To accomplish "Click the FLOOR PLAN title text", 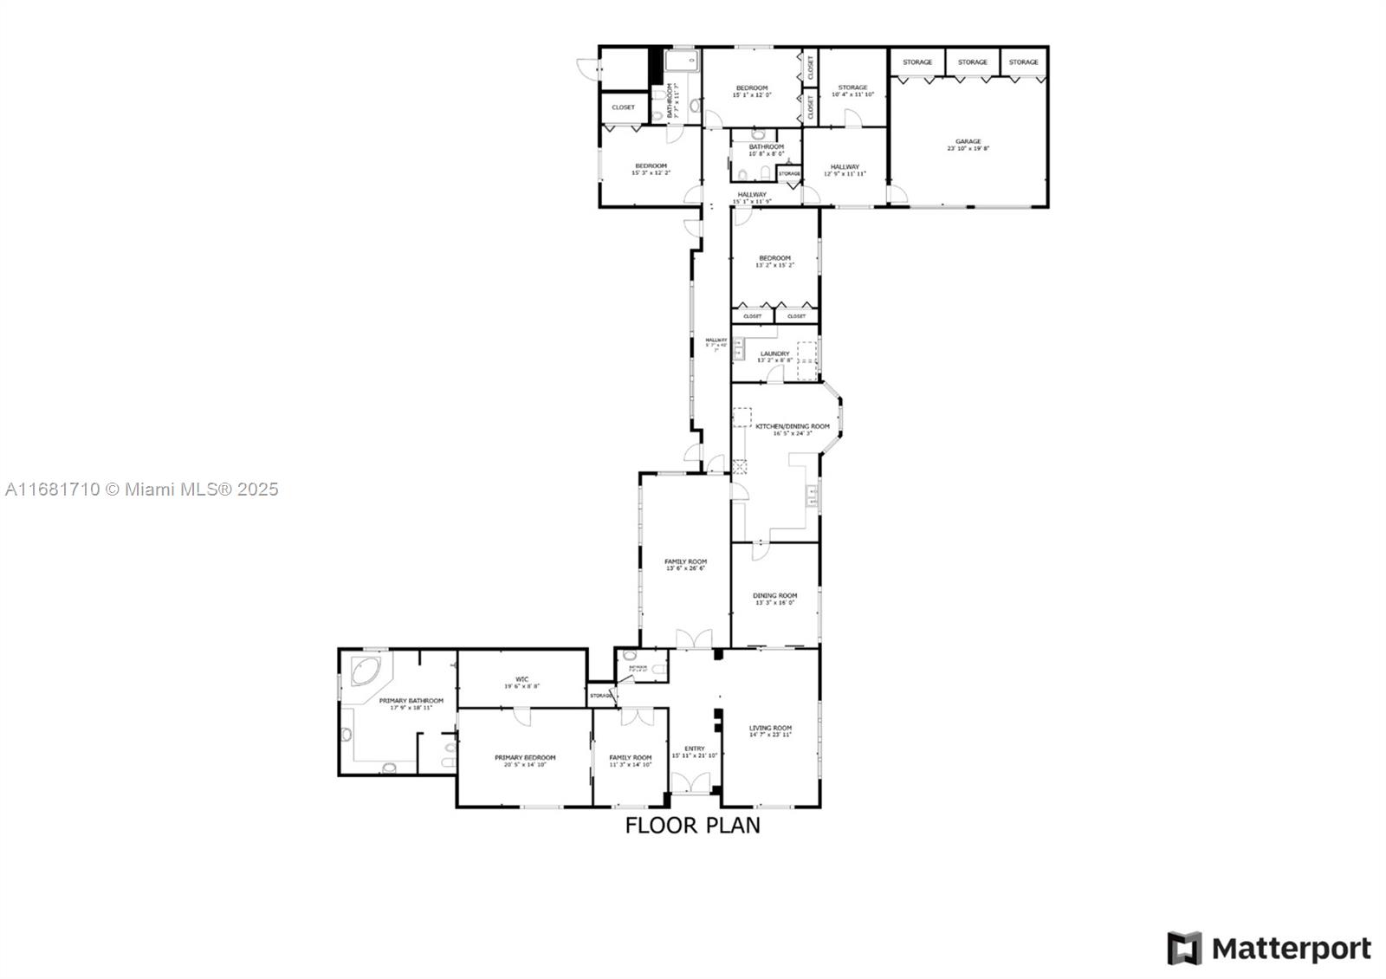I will click(692, 825).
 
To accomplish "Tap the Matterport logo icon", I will click(1184, 948).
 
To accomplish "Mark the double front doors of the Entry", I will click(694, 782).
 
